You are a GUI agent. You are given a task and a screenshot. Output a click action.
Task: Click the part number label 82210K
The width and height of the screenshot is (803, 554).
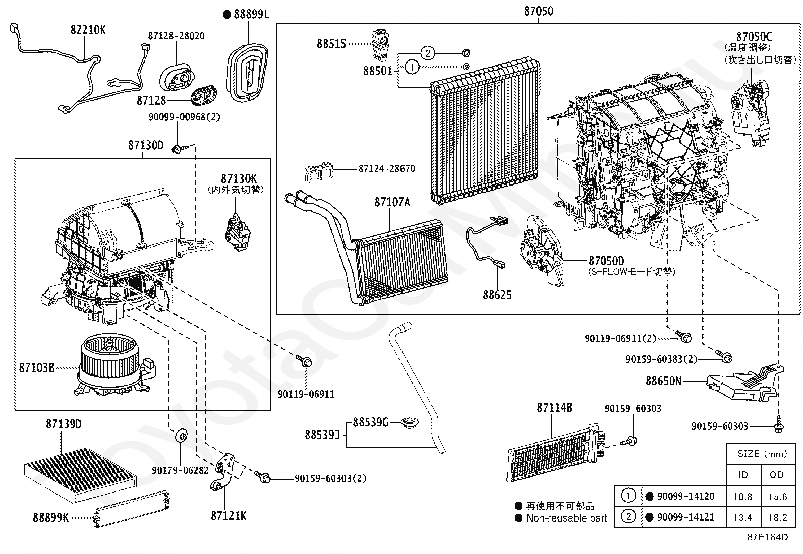[88, 30]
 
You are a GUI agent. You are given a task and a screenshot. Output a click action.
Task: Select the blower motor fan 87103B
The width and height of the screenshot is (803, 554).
[111, 365]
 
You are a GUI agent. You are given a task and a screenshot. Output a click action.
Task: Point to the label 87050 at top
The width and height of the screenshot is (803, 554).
[538, 11]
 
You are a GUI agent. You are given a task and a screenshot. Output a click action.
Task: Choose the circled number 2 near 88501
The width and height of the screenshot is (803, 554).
[427, 53]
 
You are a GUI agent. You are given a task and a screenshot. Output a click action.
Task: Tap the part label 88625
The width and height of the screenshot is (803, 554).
[497, 295]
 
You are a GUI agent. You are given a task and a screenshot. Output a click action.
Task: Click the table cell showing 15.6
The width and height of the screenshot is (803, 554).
[777, 497]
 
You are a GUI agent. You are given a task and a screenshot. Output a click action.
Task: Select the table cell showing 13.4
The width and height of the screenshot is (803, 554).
[743, 517]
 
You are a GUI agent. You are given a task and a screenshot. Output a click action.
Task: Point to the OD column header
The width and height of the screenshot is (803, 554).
[777, 475]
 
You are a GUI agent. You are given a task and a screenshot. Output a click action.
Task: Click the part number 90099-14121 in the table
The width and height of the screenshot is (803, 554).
[685, 517]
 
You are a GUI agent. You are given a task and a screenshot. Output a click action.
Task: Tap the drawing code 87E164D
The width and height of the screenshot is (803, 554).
[767, 537]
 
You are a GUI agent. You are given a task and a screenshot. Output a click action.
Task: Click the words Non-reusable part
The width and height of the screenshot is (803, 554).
[566, 518]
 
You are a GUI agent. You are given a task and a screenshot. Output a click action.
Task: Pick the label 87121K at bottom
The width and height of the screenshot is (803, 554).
[228, 516]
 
